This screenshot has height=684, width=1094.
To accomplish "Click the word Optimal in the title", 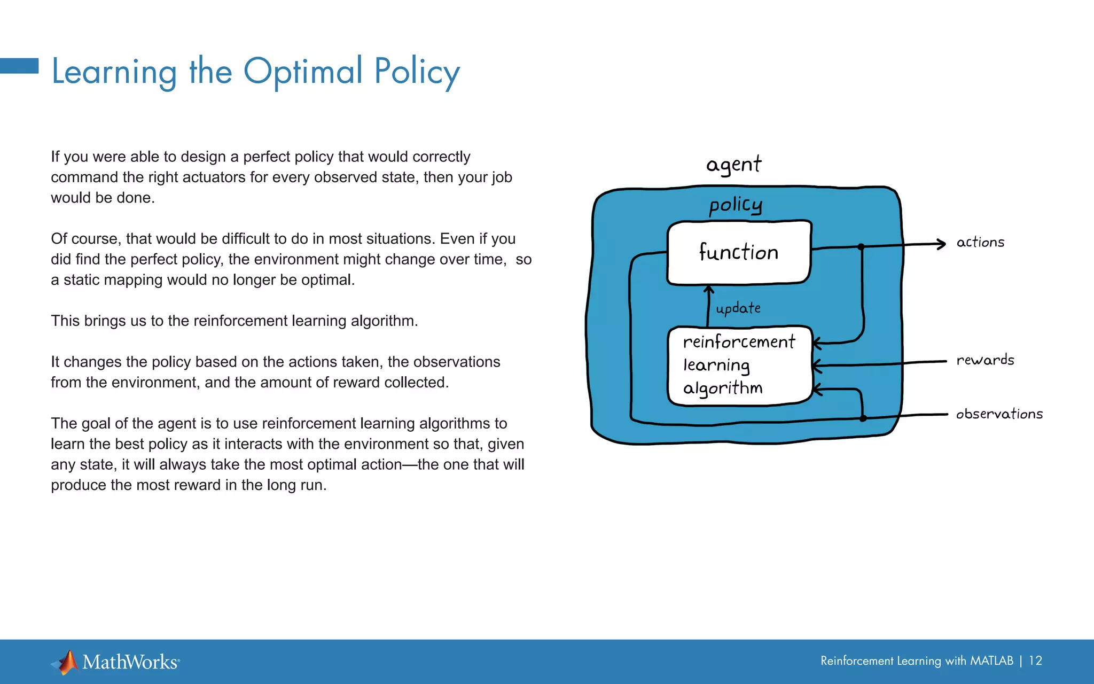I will click(303, 71).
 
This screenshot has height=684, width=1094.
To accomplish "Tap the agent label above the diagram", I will click(733, 164).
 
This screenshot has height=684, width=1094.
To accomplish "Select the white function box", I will click(739, 252).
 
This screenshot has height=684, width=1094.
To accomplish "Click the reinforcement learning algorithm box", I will click(739, 366).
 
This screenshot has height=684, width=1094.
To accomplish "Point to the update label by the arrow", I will click(738, 308).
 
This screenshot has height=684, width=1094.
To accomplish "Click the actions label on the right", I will click(980, 243).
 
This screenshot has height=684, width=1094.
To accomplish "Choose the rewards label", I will click(985, 360).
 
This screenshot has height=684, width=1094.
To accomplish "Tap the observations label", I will click(999, 414).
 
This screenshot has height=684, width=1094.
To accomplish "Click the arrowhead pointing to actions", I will click(941, 244).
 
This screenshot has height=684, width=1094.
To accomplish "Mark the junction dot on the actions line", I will click(861, 247).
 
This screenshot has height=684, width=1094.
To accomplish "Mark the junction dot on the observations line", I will click(863, 418).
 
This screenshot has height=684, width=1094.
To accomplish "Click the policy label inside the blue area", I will click(735, 205).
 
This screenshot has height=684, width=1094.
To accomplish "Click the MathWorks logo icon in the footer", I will click(66, 662).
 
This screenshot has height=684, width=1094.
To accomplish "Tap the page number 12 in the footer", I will click(1035, 661).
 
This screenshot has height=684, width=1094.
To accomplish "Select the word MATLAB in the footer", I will click(991, 661).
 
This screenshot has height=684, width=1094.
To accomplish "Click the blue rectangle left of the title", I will click(19, 66).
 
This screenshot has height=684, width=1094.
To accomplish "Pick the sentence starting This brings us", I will click(234, 321).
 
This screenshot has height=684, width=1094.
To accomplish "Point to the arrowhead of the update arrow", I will click(709, 290).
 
